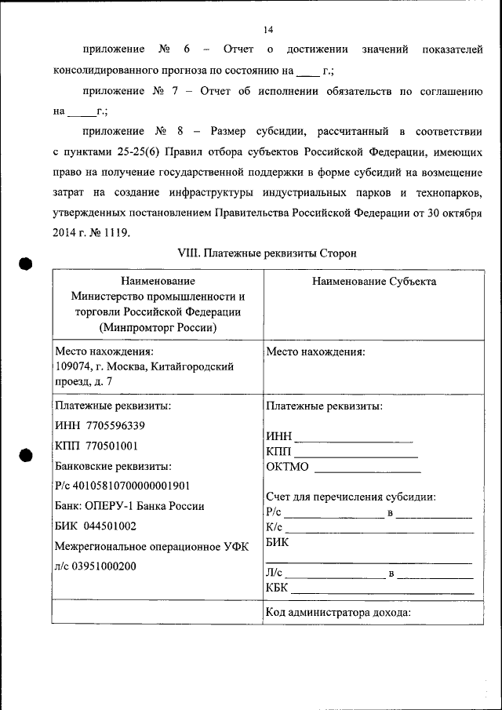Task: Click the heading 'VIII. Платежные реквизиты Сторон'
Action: point(267,253)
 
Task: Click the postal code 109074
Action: point(73,366)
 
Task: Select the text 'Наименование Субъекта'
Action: point(374,282)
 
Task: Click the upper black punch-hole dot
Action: point(26,264)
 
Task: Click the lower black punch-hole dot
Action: point(26,455)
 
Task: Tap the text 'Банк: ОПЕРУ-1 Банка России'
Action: point(130,506)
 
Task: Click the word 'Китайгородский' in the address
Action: point(196,366)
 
